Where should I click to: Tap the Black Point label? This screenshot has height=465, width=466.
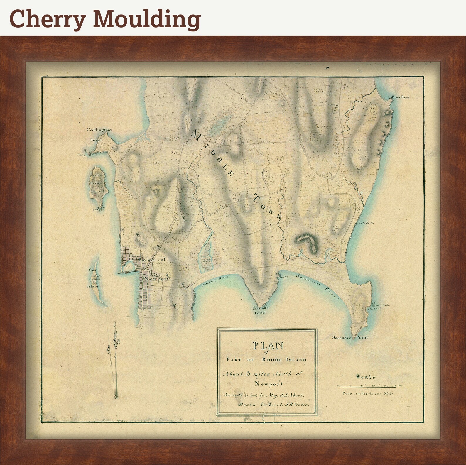[x=401, y=97]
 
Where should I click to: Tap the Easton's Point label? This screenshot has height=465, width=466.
[x=261, y=310]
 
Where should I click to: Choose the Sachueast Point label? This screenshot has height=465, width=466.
[x=349, y=337]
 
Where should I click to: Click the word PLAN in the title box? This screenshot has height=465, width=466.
[x=268, y=346]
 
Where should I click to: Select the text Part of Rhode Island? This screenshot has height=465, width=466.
[x=266, y=360]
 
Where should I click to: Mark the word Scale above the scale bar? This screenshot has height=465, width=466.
[x=366, y=377]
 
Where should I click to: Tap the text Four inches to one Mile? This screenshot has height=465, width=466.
[x=368, y=393]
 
